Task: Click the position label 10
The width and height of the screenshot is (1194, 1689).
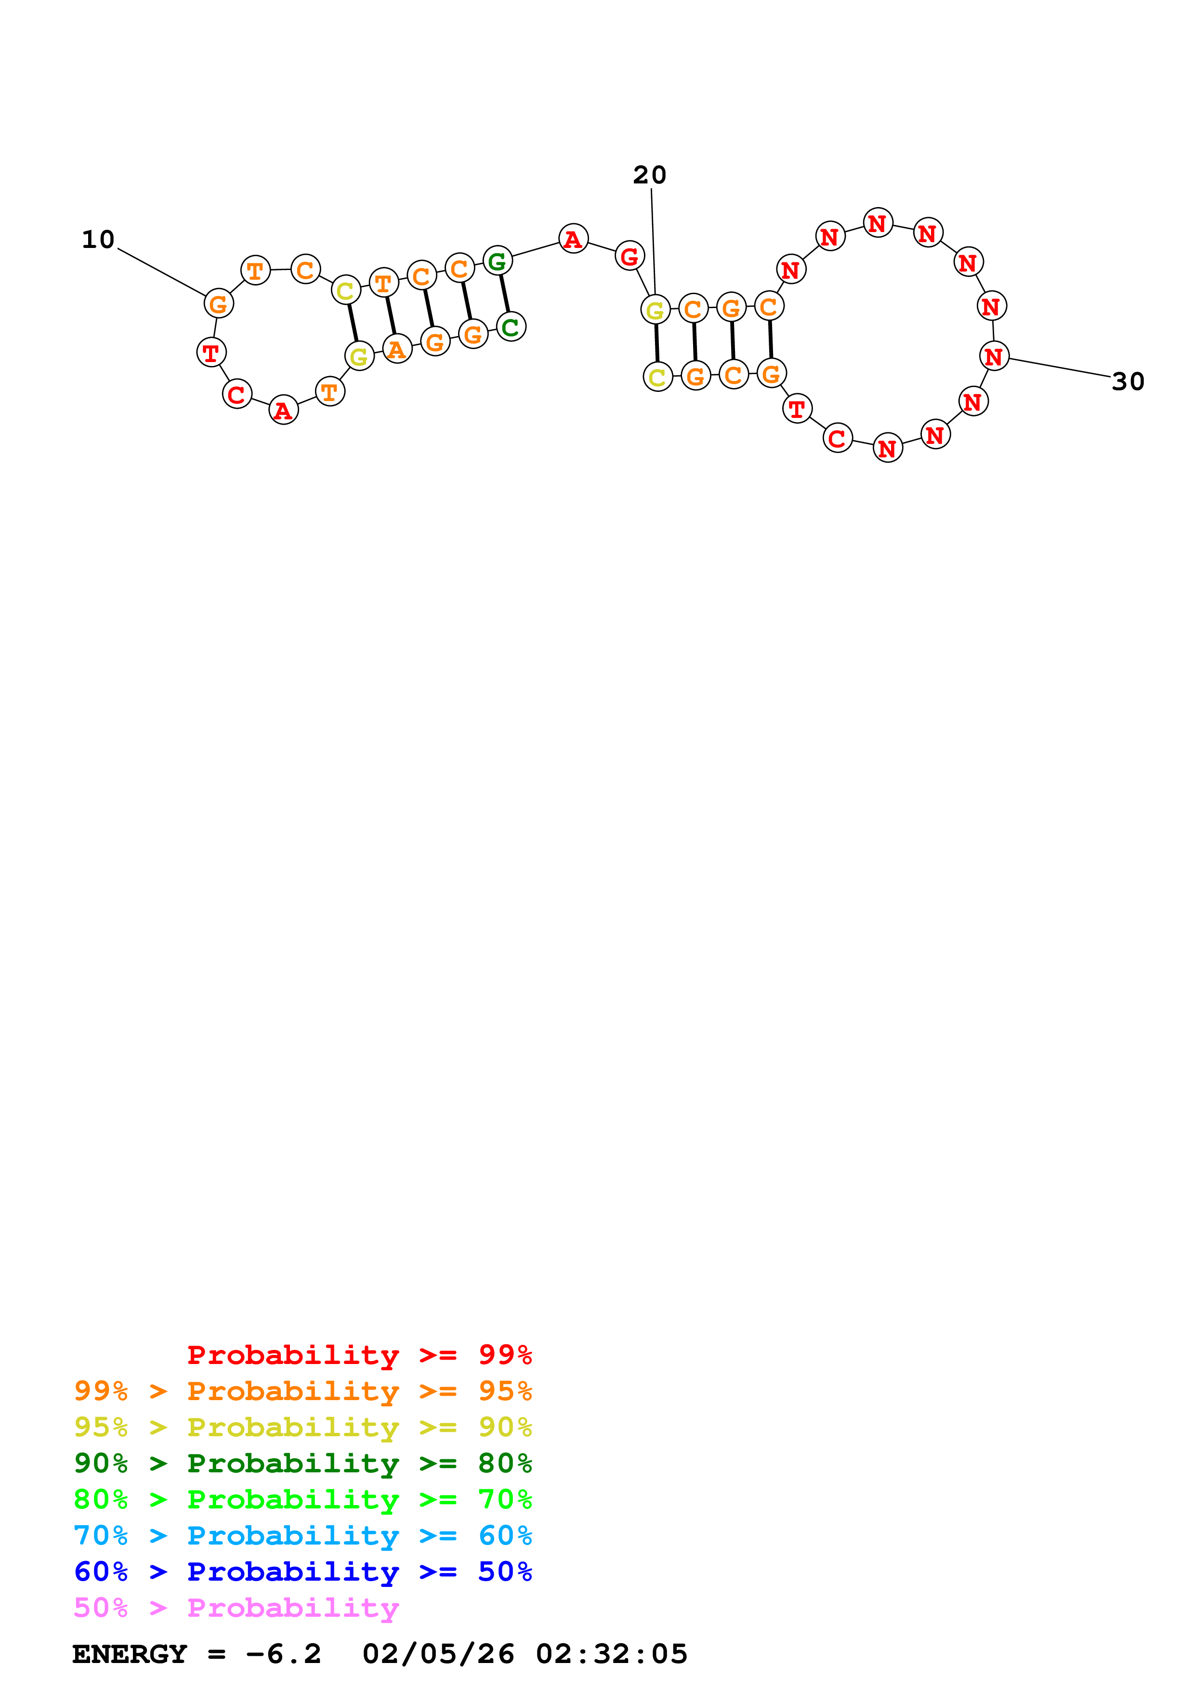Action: click(98, 240)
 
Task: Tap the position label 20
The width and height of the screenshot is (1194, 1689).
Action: click(650, 175)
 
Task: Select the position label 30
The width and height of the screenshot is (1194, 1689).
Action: click(1128, 382)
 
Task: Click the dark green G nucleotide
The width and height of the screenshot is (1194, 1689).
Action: click(498, 260)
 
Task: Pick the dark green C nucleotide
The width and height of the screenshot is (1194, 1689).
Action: click(511, 326)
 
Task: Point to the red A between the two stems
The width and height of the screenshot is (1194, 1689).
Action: click(573, 238)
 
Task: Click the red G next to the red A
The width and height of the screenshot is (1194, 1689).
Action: click(629, 256)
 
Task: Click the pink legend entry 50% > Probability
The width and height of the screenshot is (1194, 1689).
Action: click(236, 1608)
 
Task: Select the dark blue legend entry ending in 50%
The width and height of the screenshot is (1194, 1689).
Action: click(302, 1572)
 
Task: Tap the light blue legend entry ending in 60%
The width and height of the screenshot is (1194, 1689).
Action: click(302, 1535)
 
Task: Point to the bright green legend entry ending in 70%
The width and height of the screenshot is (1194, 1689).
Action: click(302, 1499)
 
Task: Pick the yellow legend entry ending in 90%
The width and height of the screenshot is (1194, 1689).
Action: click(302, 1427)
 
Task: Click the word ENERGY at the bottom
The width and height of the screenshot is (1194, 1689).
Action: click(130, 1654)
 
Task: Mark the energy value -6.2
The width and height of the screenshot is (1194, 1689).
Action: click(283, 1654)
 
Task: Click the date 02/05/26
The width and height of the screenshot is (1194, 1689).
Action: click(438, 1654)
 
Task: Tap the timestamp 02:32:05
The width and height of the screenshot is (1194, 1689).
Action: click(611, 1654)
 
